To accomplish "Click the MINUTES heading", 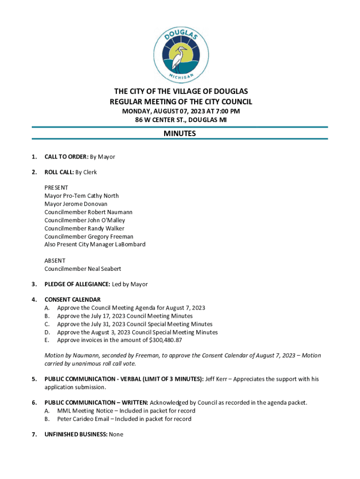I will click(x=180, y=134).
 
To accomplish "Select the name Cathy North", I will click(x=103, y=196).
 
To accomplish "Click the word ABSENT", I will click(x=55, y=261).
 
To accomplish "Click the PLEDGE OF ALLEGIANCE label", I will click(x=77, y=284).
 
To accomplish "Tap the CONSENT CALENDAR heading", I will click(x=72, y=299).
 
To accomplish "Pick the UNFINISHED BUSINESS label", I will click(x=76, y=435).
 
